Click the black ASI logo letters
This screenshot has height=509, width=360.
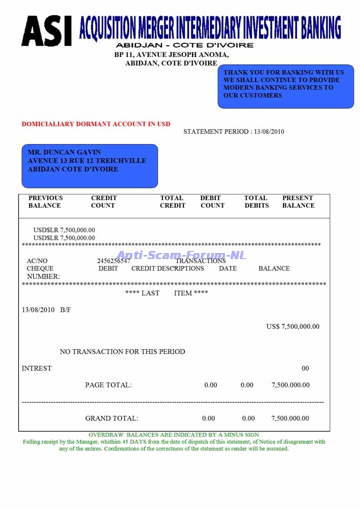46,31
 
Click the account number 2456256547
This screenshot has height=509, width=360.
114,261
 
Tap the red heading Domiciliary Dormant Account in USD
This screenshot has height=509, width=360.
96,124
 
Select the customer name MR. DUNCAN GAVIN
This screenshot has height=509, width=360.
64,152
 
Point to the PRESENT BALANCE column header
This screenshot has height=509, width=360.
298,202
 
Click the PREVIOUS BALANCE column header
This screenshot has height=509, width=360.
45,202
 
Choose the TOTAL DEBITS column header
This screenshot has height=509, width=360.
256,202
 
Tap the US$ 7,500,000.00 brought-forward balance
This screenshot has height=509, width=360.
293,326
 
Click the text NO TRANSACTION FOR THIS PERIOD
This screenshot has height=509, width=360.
122,352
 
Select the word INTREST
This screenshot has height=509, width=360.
37,369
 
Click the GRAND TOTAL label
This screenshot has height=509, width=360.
112,418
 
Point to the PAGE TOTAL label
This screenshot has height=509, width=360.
108,385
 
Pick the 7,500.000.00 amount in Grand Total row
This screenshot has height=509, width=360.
290,418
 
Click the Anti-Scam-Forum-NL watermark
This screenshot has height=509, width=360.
181,256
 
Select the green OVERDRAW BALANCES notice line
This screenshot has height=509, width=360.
174,435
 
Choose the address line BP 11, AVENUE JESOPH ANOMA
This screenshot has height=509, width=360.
171,55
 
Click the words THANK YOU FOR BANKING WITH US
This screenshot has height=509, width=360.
283,72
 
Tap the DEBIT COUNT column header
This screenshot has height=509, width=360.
212,202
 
